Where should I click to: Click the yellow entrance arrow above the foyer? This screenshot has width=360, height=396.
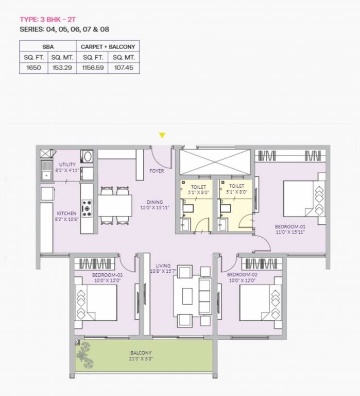(162, 136)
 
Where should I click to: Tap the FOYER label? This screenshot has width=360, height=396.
(157, 171)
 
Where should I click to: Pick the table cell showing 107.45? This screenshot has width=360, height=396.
(123, 68)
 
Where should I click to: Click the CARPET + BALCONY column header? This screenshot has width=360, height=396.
(108, 46)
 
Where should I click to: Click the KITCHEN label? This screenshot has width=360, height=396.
(66, 213)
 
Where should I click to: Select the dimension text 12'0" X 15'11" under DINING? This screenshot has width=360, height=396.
(155, 207)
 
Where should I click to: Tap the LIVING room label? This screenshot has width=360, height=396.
(164, 266)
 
